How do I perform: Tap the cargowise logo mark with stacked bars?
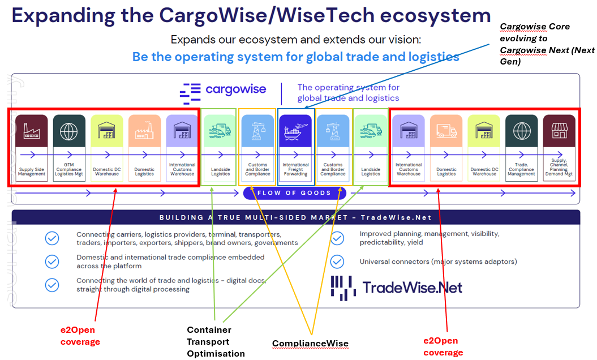(x=190, y=93)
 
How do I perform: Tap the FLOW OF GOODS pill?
(x=294, y=193)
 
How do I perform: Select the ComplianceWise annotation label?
(x=310, y=344)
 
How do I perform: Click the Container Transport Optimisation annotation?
(x=216, y=342)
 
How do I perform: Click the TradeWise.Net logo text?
(x=412, y=287)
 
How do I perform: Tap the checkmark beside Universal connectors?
(x=337, y=262)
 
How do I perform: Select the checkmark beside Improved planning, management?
(x=337, y=238)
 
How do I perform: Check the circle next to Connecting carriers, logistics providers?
(x=52, y=238)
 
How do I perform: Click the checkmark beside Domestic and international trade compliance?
(x=52, y=262)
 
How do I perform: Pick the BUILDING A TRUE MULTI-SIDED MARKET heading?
(x=295, y=217)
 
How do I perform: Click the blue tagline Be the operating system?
(x=295, y=57)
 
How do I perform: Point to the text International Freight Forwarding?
(x=295, y=169)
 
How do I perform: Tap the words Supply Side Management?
(x=32, y=172)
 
